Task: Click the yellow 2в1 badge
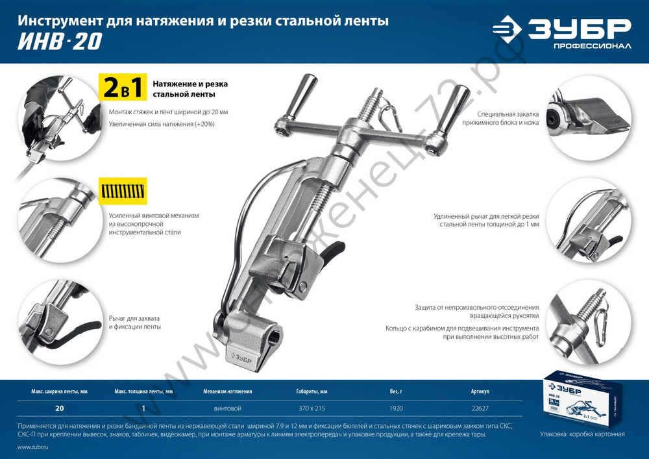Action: [123, 88]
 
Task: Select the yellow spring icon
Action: [123, 192]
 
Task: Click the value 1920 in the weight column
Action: [396, 408]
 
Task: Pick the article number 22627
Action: [480, 408]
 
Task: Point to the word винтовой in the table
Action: [227, 408]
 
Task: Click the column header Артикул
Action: [480, 392]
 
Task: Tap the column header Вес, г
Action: [396, 392]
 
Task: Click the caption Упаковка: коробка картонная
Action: [582, 434]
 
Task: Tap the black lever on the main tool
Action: [332, 251]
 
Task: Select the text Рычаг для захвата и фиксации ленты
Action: [135, 322]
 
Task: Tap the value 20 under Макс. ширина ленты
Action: [60, 408]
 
